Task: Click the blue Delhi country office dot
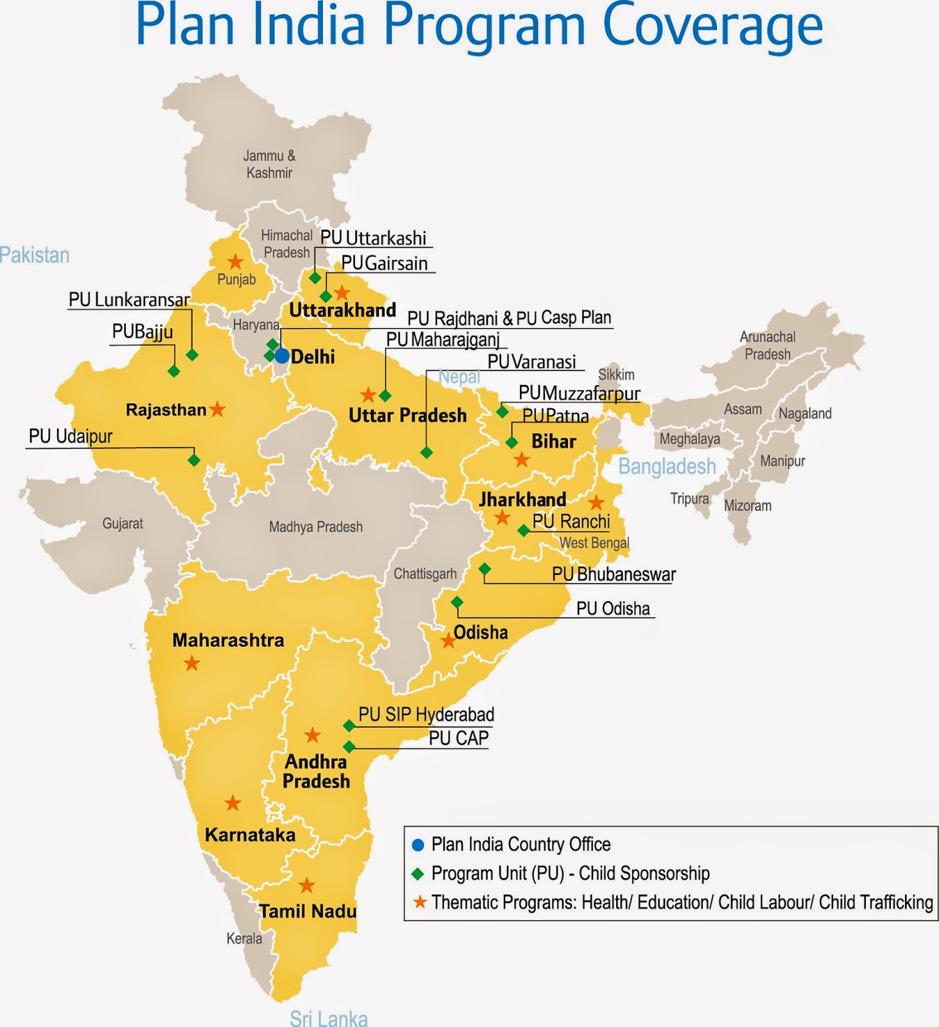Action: click(282, 356)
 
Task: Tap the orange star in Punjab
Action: click(236, 262)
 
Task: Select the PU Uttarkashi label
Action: click(373, 238)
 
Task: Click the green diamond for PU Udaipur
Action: click(194, 460)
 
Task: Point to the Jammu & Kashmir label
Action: click(269, 164)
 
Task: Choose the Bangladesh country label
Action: click(667, 467)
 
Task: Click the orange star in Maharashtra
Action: click(191, 663)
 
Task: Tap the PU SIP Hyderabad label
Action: click(426, 714)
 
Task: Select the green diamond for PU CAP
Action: click(349, 747)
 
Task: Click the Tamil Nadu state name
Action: click(307, 911)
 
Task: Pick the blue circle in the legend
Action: click(418, 845)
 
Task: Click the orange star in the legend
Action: click(420, 902)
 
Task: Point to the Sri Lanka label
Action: click(329, 1018)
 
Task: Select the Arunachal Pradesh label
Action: click(767, 345)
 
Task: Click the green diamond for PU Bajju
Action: click(173, 371)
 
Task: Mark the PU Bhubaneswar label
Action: click(614, 574)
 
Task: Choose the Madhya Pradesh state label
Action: click(316, 527)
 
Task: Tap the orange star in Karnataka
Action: click(232, 803)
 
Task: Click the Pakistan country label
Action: click(35, 255)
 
